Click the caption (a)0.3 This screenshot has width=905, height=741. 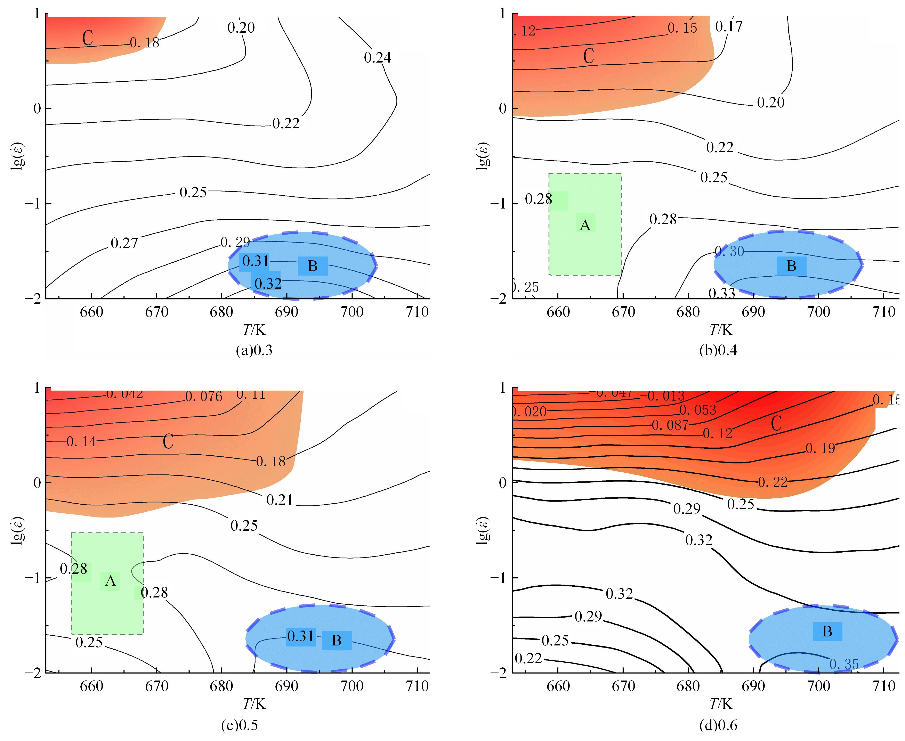254,350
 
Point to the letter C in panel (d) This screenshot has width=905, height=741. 776,423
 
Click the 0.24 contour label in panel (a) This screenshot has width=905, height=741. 377,58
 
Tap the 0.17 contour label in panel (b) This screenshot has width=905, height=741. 729,27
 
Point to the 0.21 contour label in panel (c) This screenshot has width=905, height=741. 280,500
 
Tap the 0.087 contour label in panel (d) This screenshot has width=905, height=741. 670,425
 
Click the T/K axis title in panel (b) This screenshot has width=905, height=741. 721,329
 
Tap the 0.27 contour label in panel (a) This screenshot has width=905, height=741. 124,243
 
